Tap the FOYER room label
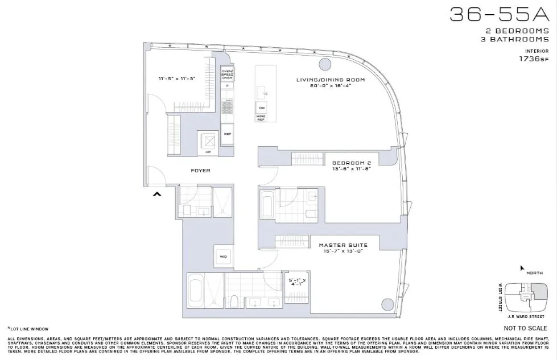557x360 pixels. click(x=200, y=170)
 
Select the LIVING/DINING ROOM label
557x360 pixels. click(x=331, y=80)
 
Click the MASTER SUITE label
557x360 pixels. click(x=343, y=245)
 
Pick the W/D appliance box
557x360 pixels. click(x=222, y=257)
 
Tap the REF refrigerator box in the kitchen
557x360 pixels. click(x=227, y=134)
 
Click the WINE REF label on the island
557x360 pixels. click(x=262, y=118)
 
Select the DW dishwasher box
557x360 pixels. click(x=262, y=107)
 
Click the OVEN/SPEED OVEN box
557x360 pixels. click(x=227, y=74)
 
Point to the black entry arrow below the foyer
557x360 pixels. click(x=158, y=195)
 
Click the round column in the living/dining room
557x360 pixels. click(x=325, y=64)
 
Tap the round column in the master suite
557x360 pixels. click(x=387, y=305)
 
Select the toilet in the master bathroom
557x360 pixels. click(x=233, y=301)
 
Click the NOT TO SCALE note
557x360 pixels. click(x=526, y=329)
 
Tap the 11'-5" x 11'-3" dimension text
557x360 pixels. click(x=177, y=78)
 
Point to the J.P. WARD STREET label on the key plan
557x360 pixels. click(x=521, y=313)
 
